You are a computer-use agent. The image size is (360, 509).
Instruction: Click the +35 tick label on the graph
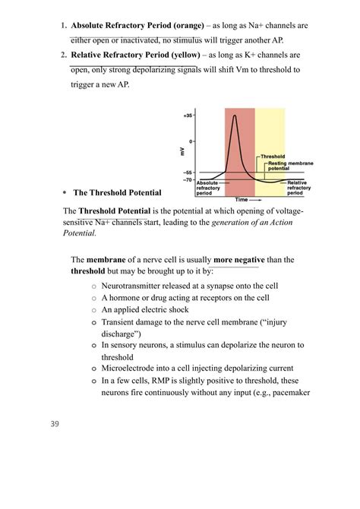[188, 115]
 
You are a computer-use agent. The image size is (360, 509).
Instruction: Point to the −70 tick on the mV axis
[188, 180]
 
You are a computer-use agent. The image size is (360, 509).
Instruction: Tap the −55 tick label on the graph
[188, 172]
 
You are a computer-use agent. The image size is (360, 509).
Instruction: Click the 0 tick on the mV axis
[191, 141]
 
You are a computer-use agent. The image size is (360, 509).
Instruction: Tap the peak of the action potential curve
[237, 115]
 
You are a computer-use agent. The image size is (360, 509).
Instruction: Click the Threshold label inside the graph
[273, 156]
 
